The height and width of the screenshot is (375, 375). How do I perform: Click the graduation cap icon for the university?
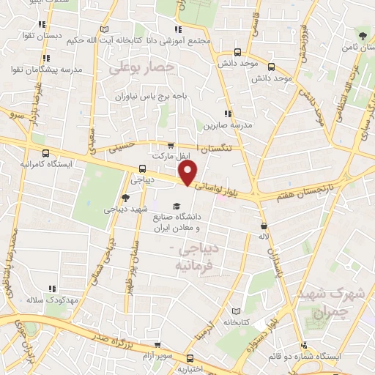click(x=176, y=206)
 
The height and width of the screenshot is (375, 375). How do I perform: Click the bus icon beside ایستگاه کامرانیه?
click(x=46, y=154)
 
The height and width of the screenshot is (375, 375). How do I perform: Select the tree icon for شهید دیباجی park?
click(x=125, y=197)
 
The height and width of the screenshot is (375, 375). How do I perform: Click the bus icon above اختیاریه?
click(x=191, y=359)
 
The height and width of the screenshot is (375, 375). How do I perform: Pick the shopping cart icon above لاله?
click(x=263, y=226)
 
